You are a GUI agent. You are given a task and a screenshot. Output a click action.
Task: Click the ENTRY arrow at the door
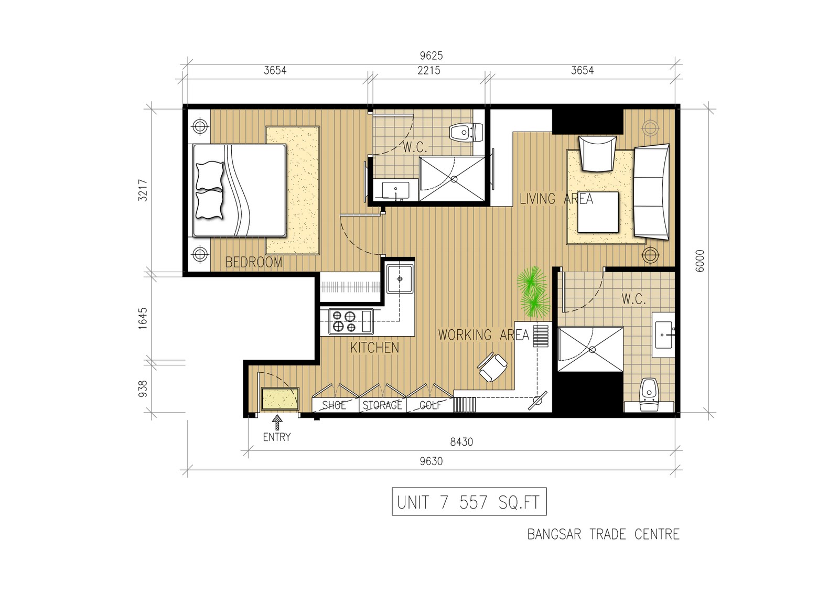point(277,422)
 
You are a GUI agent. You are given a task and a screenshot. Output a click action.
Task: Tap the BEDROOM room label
point(254,262)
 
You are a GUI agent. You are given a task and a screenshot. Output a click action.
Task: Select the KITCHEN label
point(374,348)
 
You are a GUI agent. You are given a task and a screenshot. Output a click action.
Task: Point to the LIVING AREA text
point(556,199)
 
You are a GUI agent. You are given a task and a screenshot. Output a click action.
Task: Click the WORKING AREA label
point(483,335)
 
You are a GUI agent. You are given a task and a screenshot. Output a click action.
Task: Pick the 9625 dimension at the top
point(431,56)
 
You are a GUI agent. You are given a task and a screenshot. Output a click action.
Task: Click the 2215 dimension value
point(429,70)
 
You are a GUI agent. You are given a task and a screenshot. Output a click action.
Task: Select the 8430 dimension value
point(461,442)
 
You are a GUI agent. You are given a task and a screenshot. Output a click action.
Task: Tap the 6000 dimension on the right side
point(700,261)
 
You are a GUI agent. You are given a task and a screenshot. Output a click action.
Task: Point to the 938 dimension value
point(143,389)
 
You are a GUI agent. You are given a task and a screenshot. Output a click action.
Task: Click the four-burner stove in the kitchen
point(351,321)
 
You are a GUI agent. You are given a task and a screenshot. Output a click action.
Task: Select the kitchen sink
point(400,279)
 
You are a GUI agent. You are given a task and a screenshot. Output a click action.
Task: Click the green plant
point(533,292)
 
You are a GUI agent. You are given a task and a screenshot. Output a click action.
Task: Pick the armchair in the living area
point(597,154)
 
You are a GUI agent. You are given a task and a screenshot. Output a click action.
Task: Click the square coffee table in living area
point(598,212)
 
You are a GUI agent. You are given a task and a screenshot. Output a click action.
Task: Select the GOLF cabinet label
point(431,405)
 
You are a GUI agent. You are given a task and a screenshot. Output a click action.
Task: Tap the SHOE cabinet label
point(334,405)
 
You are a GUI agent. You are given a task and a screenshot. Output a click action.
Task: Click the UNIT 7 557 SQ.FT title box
point(469,502)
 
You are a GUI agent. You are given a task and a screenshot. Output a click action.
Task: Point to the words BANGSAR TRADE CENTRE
point(604,534)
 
